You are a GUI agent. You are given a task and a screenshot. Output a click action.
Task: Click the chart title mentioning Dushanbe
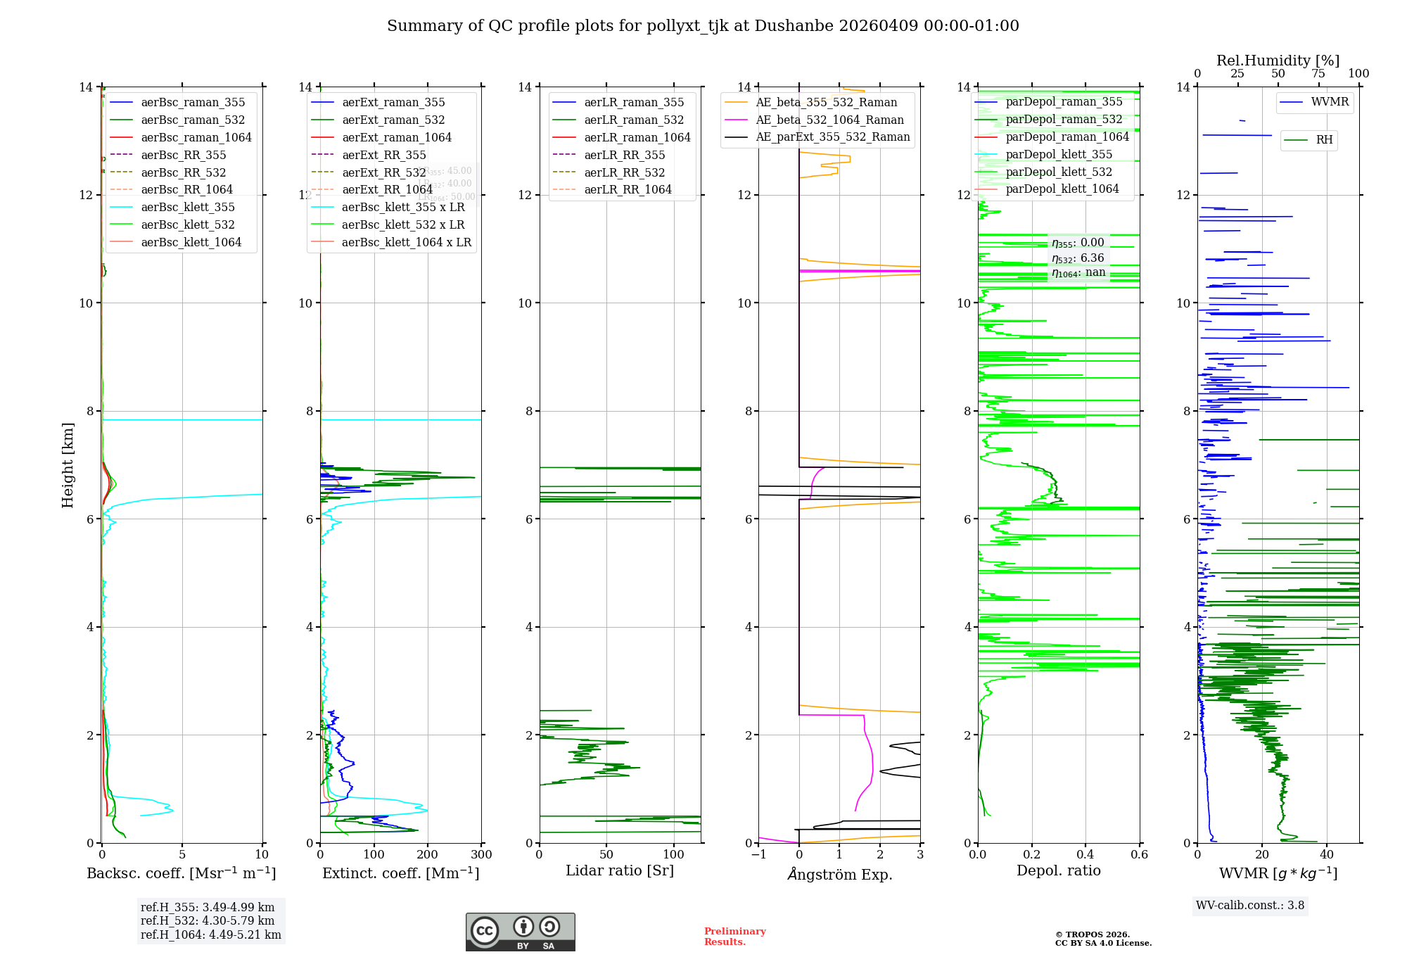click(x=703, y=26)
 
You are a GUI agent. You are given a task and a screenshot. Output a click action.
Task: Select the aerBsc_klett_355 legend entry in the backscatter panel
click(x=187, y=208)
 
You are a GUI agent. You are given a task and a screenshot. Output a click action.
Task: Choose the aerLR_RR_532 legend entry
click(x=624, y=172)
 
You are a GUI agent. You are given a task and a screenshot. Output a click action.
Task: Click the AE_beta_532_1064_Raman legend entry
click(x=829, y=120)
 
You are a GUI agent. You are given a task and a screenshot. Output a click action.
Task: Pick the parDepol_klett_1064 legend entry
click(x=1062, y=189)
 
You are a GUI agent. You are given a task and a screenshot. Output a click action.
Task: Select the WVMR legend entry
click(x=1329, y=102)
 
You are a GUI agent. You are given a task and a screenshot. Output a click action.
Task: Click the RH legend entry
click(x=1323, y=140)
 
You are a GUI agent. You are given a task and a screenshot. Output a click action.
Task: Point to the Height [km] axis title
click(x=68, y=465)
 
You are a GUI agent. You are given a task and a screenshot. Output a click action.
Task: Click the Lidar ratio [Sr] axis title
click(x=620, y=871)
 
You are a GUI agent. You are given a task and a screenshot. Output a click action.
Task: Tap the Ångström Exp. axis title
click(x=839, y=875)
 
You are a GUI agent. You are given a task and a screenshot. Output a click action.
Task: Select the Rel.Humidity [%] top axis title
click(x=1278, y=61)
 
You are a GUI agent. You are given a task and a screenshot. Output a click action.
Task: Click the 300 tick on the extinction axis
click(x=481, y=855)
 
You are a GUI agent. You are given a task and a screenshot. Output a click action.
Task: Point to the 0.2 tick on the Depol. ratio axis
click(x=1032, y=855)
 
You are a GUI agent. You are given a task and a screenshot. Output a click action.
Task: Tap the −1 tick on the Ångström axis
click(x=758, y=855)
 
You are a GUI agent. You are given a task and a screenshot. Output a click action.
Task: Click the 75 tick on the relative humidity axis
click(x=1318, y=74)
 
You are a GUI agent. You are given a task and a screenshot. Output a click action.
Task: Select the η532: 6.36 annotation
click(x=1078, y=258)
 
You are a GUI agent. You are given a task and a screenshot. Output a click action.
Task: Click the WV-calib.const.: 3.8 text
click(x=1250, y=906)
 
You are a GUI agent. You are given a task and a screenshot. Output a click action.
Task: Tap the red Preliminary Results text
click(x=734, y=937)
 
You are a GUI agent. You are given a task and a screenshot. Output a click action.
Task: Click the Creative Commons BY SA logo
click(x=520, y=932)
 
